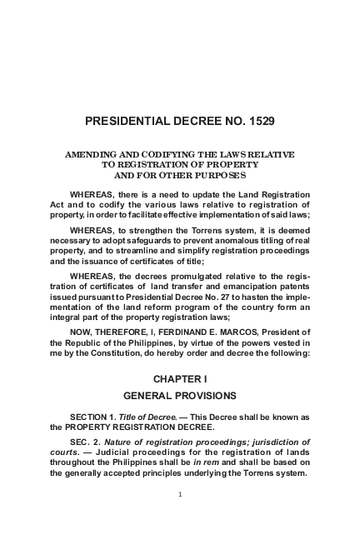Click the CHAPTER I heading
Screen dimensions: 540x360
point(179,379)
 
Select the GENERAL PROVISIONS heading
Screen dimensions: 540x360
point(179,396)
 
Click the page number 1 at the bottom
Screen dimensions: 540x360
point(179,494)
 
